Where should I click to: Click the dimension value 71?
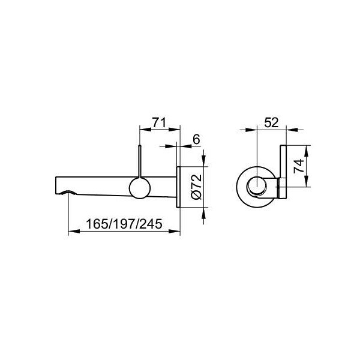click(159, 122)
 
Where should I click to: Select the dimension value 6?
click(197, 139)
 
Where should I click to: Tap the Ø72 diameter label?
click(197, 187)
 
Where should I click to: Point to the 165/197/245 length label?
click(124, 224)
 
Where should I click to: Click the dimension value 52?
click(271, 122)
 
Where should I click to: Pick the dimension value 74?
click(299, 166)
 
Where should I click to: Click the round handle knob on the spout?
click(140, 188)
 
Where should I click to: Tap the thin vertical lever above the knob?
click(140, 161)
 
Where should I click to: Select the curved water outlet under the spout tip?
click(68, 193)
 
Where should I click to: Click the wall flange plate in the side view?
click(178, 187)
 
